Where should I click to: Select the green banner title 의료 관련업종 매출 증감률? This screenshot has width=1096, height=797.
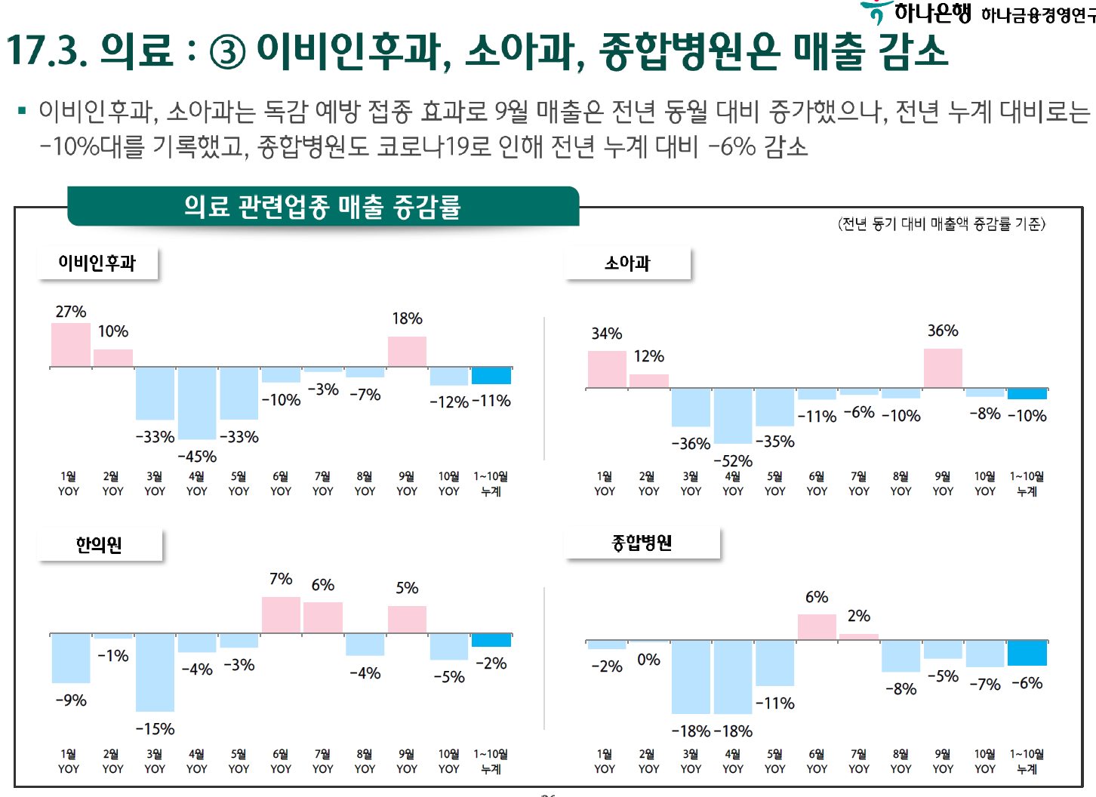pos(322,206)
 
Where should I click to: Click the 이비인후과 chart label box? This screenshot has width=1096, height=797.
pos(97,263)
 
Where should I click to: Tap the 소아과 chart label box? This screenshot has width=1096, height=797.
pos(627,263)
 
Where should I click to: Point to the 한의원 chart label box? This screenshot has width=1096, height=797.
pos(99,544)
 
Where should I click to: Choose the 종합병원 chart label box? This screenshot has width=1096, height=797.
pos(642,542)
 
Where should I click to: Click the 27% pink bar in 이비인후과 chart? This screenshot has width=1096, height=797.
pos(71,345)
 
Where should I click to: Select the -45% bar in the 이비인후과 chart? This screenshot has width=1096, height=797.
pos(197,403)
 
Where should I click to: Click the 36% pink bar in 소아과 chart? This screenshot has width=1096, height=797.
pos(943,368)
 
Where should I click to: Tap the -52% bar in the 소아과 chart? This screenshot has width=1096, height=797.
pos(733,416)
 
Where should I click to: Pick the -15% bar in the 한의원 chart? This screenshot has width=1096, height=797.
pos(155,672)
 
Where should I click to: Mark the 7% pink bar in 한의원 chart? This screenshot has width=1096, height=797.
pos(281,614)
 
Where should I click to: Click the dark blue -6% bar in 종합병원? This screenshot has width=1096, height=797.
pos(1027,653)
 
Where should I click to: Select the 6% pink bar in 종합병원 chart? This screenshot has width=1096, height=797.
pos(817,627)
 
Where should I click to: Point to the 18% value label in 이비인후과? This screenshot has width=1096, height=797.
pos(407,318)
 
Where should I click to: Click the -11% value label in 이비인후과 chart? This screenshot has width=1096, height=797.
pos(491,401)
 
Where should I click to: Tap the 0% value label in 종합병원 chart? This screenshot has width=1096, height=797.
pos(648,660)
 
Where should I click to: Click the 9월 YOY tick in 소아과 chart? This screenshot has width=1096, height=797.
pos(943,483)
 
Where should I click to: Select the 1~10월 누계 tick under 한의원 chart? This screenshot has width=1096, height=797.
pos(491,761)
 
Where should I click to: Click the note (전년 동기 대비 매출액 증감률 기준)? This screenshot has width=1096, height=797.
pos(941,223)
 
